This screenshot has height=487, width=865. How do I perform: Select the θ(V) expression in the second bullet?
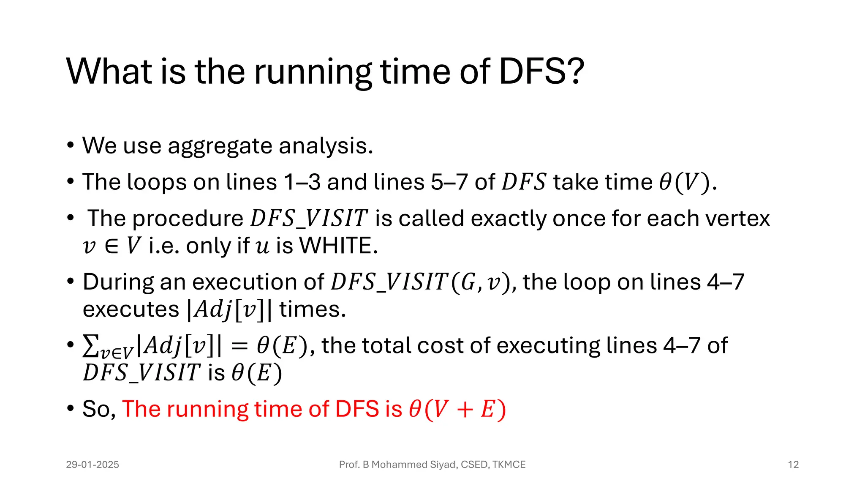click(x=685, y=183)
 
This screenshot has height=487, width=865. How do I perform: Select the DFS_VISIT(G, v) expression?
click(x=421, y=282)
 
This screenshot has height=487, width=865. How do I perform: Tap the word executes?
click(x=131, y=309)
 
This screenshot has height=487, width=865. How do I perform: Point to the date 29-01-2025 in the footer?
click(x=92, y=465)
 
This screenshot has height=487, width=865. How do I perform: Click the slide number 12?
click(x=793, y=465)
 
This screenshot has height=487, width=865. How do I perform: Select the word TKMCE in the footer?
click(x=509, y=465)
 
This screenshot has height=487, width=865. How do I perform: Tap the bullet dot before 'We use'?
click(x=71, y=146)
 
